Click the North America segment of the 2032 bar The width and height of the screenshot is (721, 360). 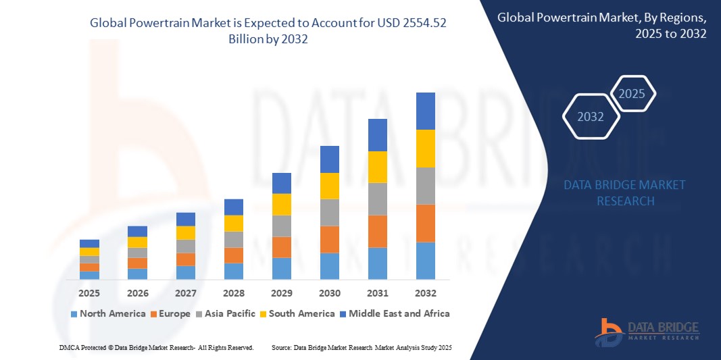[x=425, y=261]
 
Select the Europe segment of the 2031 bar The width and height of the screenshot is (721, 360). [x=377, y=231]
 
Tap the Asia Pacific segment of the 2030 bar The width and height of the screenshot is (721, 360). [x=329, y=212]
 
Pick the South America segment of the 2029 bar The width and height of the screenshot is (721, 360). [x=281, y=204]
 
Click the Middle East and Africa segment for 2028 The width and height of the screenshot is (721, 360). [x=233, y=207]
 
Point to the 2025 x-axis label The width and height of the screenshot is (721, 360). [x=89, y=293]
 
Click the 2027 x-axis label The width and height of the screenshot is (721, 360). [x=185, y=293]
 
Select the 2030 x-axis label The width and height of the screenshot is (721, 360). [x=329, y=293]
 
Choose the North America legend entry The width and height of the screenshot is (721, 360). [x=107, y=313]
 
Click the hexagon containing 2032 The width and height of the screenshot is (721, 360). [x=591, y=117]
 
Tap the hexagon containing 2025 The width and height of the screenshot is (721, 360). [x=632, y=94]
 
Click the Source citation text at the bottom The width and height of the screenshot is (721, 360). [x=361, y=347]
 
